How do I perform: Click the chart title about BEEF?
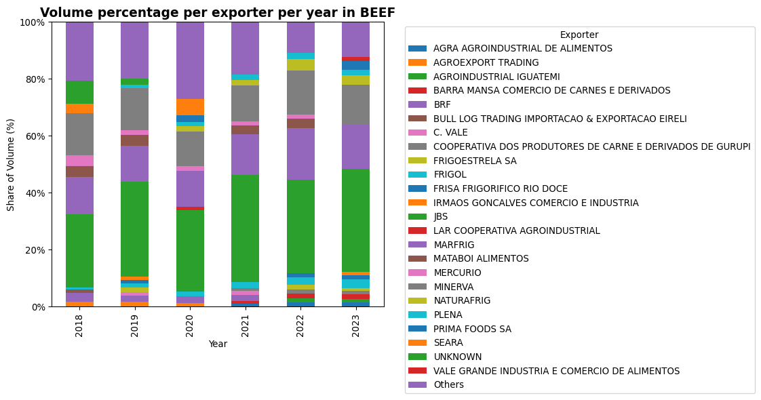click(x=217, y=13)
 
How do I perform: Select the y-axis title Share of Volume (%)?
click(x=11, y=165)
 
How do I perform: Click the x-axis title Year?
click(x=218, y=344)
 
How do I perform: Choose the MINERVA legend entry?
click(x=453, y=287)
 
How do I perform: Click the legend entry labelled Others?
click(x=448, y=385)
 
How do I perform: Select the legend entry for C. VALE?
click(x=450, y=133)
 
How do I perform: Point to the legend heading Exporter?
click(x=579, y=35)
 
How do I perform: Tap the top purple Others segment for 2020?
click(x=190, y=60)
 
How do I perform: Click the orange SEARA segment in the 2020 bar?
click(x=190, y=107)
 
